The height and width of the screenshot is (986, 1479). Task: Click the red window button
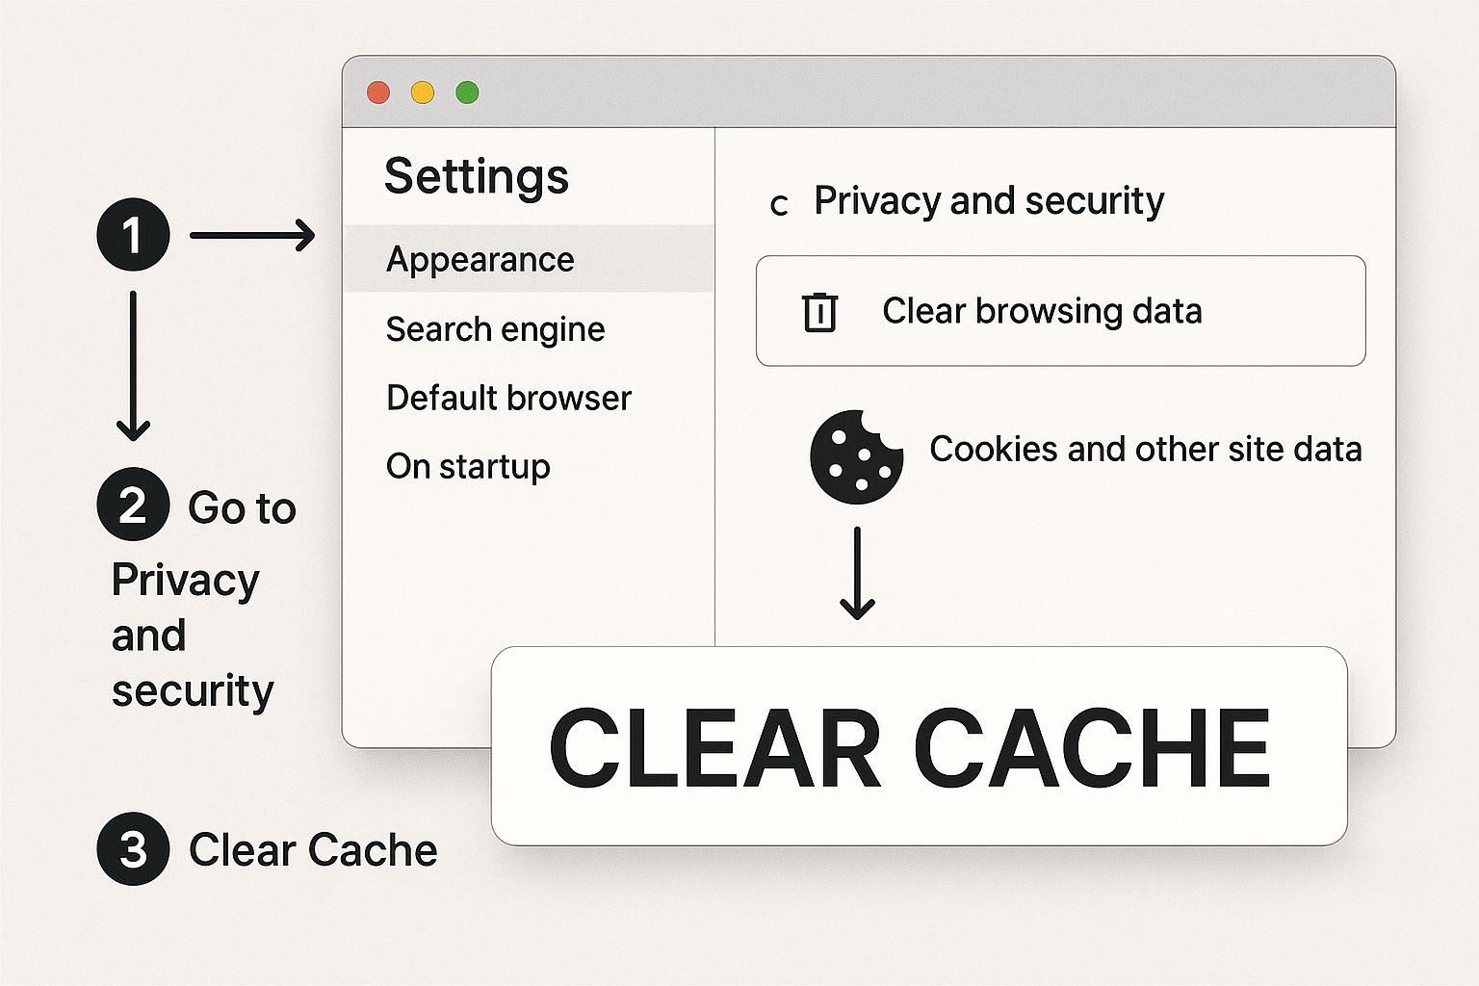(x=378, y=92)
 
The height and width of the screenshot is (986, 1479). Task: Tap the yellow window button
(x=423, y=92)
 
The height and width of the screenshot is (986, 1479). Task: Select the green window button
(x=467, y=92)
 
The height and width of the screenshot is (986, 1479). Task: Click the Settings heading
(x=477, y=176)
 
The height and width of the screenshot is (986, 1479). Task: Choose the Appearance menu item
(x=480, y=259)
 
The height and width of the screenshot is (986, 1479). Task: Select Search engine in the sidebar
(x=495, y=329)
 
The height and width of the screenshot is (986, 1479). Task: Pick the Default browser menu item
(x=508, y=398)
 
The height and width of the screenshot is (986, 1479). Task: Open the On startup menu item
(x=468, y=466)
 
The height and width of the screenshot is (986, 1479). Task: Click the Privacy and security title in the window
(x=989, y=200)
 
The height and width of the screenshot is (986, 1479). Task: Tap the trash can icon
(x=819, y=312)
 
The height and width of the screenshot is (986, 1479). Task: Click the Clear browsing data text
(x=1042, y=311)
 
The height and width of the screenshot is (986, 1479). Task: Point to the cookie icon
(x=856, y=457)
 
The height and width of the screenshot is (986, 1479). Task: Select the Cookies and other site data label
(x=1145, y=449)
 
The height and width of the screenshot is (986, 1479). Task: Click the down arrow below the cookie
(x=857, y=573)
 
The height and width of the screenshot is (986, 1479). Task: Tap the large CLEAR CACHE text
(x=910, y=747)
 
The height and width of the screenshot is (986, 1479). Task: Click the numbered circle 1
(x=133, y=235)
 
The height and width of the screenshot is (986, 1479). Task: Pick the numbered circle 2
(x=133, y=505)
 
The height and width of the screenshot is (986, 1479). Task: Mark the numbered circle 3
(x=133, y=849)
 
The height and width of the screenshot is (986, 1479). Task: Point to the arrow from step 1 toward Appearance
(x=252, y=235)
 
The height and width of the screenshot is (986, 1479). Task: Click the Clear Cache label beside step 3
(x=313, y=849)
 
